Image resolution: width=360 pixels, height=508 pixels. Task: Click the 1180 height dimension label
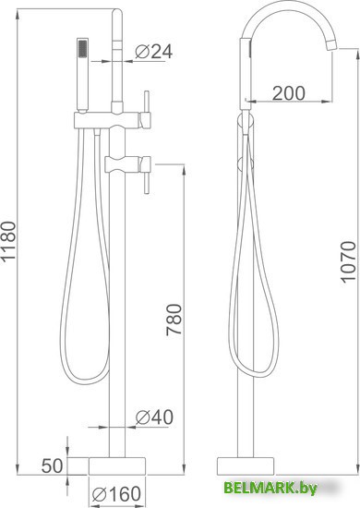8,241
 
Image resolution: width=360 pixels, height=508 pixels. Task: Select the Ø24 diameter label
154,52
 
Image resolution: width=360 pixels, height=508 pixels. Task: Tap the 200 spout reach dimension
288,93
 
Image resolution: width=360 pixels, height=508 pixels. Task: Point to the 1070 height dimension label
349,261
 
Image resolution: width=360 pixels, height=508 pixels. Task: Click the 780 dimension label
174,320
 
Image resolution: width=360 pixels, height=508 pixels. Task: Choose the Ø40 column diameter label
154,417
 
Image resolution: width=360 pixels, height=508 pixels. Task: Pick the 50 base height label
52,466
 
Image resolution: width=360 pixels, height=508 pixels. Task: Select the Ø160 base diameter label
116,494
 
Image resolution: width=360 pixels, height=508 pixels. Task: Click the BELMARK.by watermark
270,488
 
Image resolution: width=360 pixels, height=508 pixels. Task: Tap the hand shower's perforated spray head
83,48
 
